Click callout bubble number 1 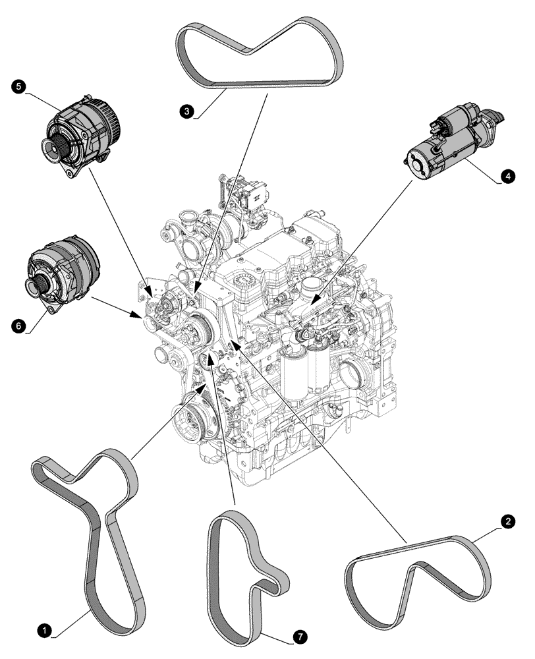pyautogui.click(x=44, y=631)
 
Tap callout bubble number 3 pyautogui.click(x=188, y=112)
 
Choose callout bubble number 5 pyautogui.click(x=18, y=86)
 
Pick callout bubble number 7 pyautogui.click(x=298, y=637)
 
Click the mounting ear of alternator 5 pyautogui.click(x=69, y=173)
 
